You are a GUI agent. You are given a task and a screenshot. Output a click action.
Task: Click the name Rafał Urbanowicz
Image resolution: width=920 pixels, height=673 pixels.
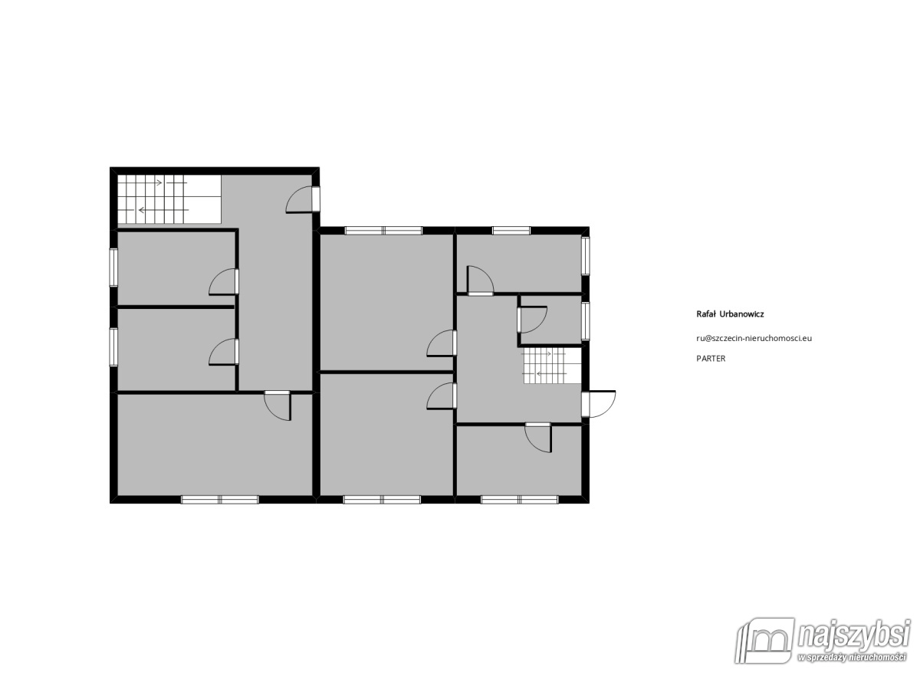[x=730, y=314]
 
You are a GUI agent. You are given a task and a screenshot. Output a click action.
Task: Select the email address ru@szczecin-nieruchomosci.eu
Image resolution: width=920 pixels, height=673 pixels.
[x=754, y=338]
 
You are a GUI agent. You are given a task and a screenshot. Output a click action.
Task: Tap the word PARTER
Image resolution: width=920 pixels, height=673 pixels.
[x=711, y=359]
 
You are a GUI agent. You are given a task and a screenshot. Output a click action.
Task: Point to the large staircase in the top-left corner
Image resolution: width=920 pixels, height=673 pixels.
[x=169, y=199]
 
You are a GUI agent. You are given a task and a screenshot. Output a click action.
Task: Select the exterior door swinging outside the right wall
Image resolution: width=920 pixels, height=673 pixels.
[x=599, y=404]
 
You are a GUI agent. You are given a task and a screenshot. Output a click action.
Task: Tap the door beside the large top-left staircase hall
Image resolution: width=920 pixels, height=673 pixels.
[x=303, y=199]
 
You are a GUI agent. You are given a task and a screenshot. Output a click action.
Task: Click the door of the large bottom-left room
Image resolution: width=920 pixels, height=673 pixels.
[x=278, y=405]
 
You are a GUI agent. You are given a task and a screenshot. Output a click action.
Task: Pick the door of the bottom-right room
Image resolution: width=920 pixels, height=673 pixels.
[x=538, y=438]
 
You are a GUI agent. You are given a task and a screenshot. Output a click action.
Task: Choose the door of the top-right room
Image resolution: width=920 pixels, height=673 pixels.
[x=481, y=281]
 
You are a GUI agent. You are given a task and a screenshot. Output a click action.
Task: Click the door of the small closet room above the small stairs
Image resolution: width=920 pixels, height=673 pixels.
[x=532, y=320]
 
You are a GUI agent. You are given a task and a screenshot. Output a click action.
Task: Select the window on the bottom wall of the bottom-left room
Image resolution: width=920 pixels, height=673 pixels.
[x=220, y=500]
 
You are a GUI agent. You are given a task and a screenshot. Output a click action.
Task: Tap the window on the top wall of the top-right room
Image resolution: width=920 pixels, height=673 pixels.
[x=511, y=231]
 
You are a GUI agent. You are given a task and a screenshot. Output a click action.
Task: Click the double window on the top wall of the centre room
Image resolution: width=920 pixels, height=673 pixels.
[x=383, y=231]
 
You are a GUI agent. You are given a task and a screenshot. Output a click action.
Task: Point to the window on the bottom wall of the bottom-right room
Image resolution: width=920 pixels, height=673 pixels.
[x=520, y=500]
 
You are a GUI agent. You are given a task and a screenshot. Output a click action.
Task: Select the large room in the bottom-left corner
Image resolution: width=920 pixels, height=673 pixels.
[x=215, y=445]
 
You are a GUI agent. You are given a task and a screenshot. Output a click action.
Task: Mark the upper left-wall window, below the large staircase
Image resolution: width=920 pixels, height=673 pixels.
[x=113, y=268]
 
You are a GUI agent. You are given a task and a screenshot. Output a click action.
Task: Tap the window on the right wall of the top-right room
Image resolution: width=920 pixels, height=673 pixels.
[x=586, y=256]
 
